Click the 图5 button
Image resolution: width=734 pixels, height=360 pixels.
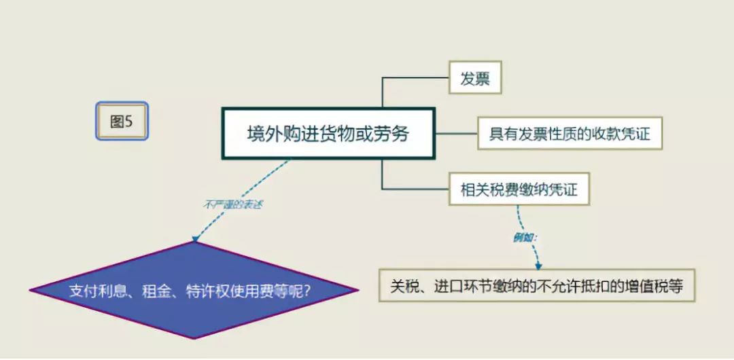point(122,122)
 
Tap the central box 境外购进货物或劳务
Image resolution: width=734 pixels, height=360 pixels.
point(328,134)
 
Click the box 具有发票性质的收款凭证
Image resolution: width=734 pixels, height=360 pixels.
point(570,134)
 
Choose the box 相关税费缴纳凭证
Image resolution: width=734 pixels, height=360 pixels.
point(519,190)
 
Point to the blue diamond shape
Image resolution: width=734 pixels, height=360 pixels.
point(193,291)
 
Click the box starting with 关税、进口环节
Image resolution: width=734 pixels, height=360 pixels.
point(536,286)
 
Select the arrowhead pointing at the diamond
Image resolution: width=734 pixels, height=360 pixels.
point(194,238)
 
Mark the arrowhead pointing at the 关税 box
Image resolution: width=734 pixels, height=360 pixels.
point(538,266)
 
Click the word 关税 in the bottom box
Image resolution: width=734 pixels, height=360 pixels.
point(404,287)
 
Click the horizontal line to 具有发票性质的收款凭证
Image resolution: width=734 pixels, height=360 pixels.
point(456,134)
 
